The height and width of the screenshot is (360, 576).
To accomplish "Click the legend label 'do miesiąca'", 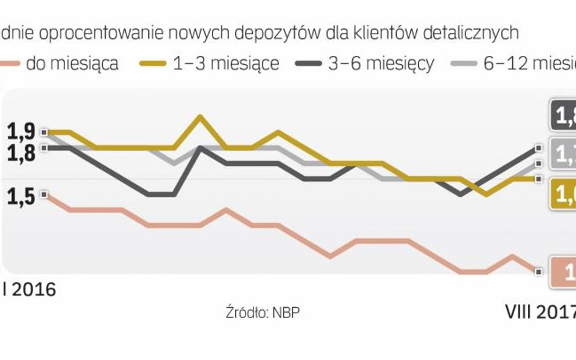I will pos(71,63).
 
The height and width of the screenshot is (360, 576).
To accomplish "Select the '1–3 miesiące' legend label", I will pos(226,63).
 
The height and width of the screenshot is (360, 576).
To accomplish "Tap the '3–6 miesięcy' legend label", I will pos(381,63).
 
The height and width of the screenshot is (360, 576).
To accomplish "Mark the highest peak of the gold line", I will pos(200,116).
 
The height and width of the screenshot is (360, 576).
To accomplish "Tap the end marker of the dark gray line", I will pos(538,148).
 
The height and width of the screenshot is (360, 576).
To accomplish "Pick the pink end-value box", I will pos(563,272).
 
